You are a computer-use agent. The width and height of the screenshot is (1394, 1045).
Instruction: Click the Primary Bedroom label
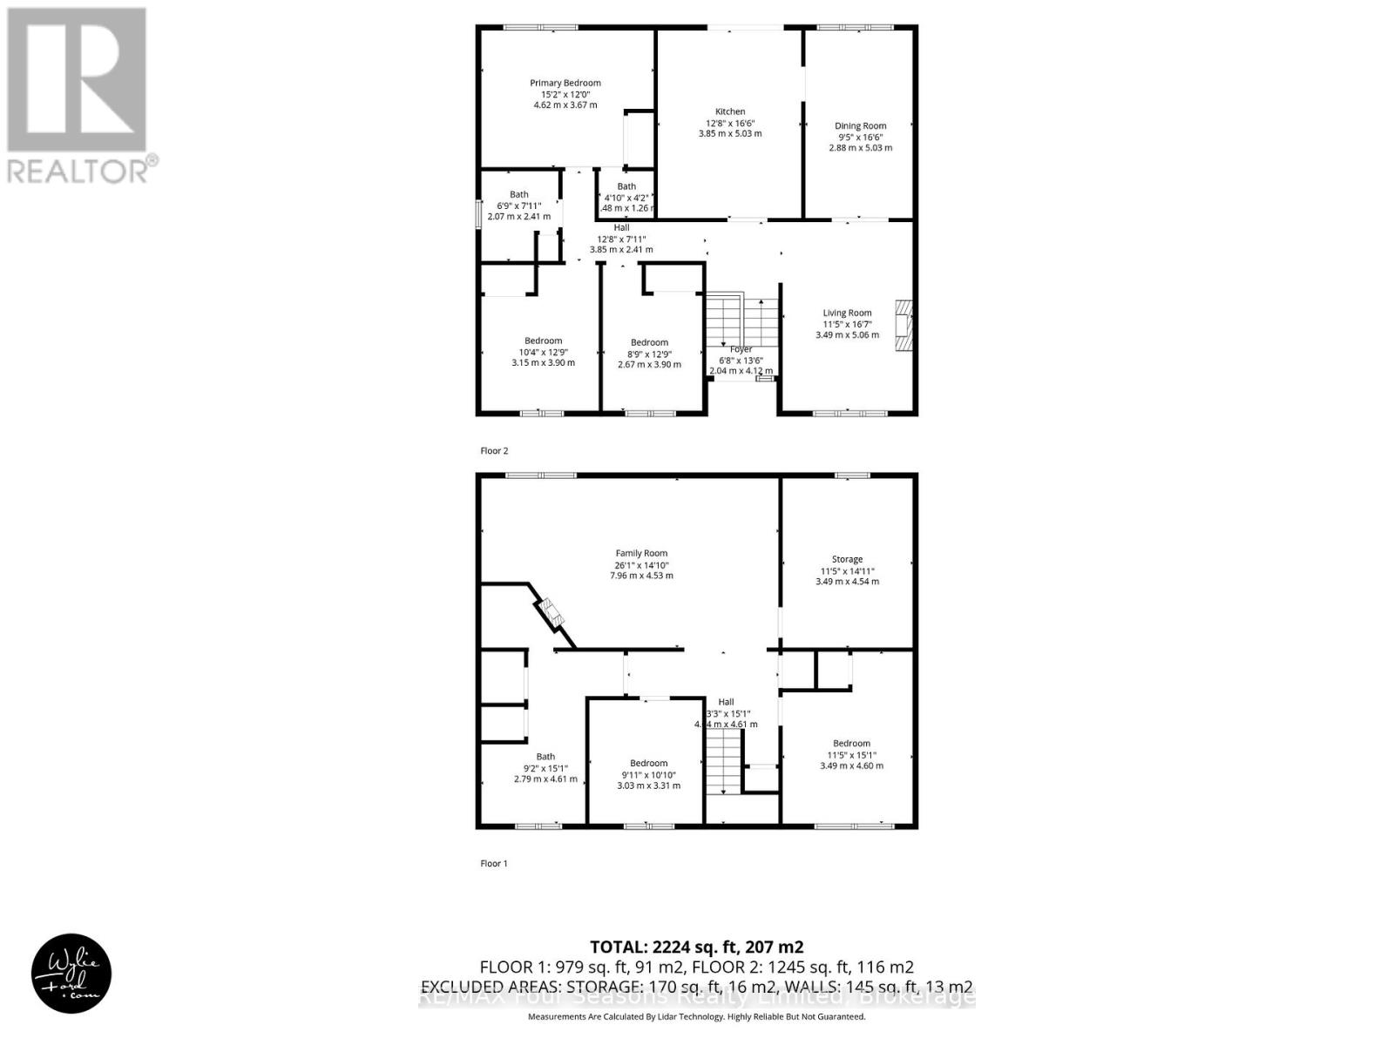[565, 83]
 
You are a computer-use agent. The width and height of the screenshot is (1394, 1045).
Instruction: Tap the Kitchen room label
[730, 111]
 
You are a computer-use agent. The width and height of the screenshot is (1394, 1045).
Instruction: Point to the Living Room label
[847, 313]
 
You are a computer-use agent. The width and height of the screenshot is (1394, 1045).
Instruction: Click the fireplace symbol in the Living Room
[903, 327]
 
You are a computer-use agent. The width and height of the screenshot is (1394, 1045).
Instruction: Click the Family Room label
[641, 553]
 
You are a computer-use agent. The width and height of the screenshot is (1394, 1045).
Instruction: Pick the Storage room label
[847, 559]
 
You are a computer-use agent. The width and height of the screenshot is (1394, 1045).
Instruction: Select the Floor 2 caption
[494, 450]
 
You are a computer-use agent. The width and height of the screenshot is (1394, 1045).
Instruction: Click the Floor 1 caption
[494, 863]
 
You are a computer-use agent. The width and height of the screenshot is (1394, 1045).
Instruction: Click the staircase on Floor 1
[722, 762]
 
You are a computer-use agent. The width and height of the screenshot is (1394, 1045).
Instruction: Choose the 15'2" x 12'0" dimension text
[565, 94]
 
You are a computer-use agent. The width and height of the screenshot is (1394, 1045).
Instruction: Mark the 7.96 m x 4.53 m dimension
[641, 576]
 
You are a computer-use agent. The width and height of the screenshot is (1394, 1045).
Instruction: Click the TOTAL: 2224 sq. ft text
[696, 947]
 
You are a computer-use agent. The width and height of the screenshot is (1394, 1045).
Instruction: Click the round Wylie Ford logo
[71, 974]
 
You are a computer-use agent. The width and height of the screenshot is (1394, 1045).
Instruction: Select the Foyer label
[741, 349]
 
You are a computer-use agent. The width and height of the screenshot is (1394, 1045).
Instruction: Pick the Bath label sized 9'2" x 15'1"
[545, 757]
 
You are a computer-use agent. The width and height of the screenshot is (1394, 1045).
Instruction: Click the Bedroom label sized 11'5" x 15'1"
[850, 744]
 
